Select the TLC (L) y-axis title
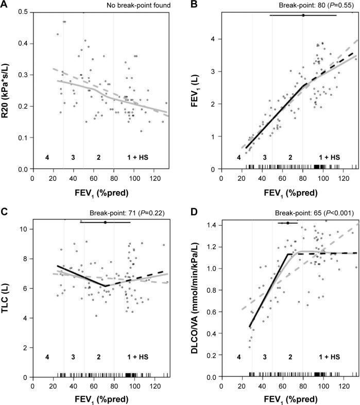point(6,292)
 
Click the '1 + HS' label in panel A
point(138,156)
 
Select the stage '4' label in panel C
point(47,357)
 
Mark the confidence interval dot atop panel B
point(303,15)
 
